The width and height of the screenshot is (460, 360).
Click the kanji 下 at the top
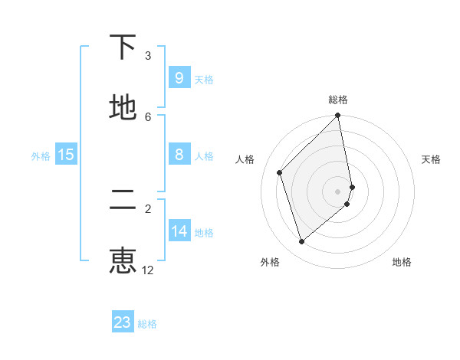click(123, 48)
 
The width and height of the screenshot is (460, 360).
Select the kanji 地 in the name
click(123, 108)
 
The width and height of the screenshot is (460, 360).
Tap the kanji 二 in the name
click(123, 201)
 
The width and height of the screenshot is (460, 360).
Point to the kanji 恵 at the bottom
click(123, 260)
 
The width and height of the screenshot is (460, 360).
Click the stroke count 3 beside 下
click(148, 56)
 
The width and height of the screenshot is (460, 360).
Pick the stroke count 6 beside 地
click(148, 116)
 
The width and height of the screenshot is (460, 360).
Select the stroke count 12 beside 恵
click(148, 270)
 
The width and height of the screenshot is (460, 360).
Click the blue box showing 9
click(179, 77)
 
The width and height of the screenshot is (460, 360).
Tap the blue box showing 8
click(179, 155)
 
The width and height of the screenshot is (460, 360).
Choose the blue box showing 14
click(179, 231)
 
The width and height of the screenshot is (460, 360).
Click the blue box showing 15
click(66, 155)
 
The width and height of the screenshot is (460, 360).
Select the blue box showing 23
click(123, 322)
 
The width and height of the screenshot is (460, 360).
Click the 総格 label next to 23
click(147, 324)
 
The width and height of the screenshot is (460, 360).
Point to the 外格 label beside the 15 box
click(41, 156)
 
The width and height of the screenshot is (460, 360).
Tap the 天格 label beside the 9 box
click(204, 79)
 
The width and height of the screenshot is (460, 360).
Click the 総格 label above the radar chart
click(338, 100)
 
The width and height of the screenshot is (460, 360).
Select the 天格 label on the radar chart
click(431, 159)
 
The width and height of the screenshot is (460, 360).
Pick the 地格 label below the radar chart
click(402, 262)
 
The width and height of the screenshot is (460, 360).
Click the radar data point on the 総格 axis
click(338, 116)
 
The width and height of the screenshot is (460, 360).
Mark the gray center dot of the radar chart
click(338, 191)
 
